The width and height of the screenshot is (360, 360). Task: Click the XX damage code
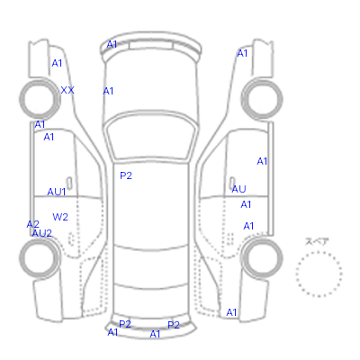tap(67, 90)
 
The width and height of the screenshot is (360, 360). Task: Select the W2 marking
tap(60, 217)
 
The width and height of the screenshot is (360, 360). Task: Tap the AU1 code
tap(57, 192)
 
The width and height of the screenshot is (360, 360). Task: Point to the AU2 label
tap(42, 233)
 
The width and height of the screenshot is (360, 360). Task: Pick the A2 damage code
tap(32, 224)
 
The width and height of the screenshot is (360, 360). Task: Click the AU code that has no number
tap(238, 189)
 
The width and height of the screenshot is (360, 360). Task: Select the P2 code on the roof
tap(126, 175)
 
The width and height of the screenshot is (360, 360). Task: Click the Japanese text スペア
tap(317, 241)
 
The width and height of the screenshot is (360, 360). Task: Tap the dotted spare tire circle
tap(319, 252)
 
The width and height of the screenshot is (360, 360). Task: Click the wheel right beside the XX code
tap(40, 81)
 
